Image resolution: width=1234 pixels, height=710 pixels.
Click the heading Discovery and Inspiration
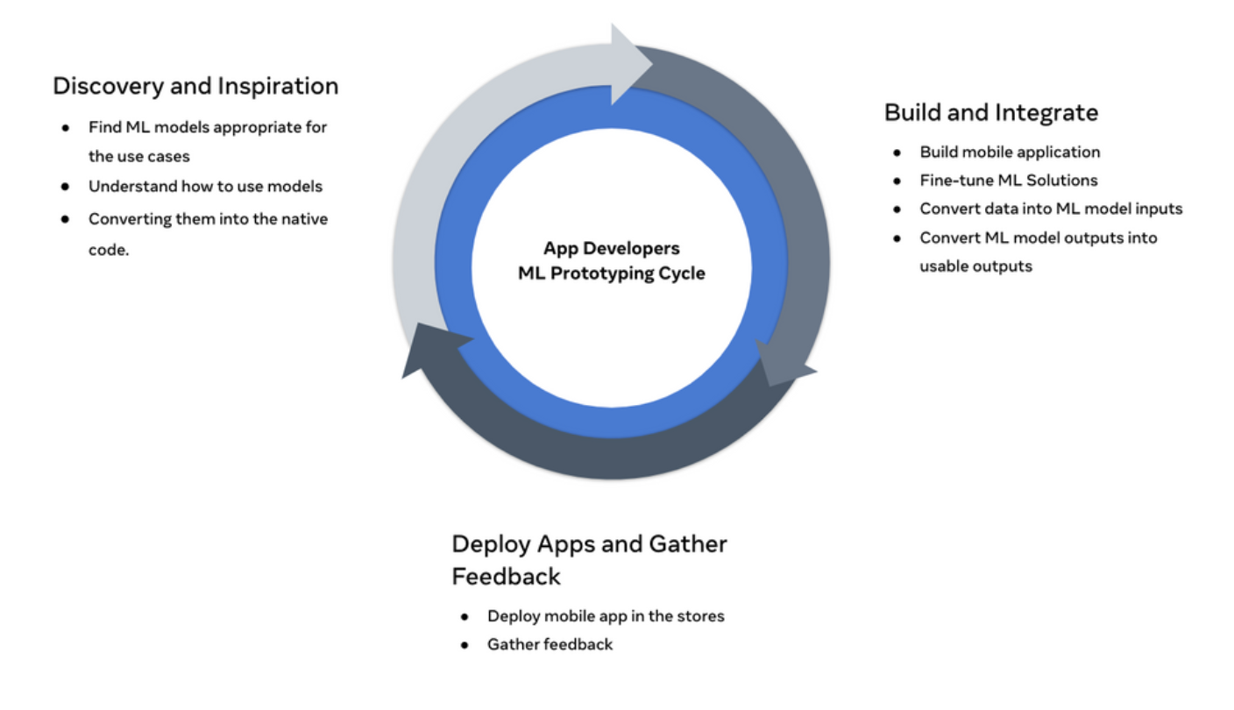tap(195, 86)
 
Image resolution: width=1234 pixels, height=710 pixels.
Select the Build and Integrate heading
tap(991, 112)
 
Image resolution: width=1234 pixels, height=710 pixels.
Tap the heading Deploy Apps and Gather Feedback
tap(589, 559)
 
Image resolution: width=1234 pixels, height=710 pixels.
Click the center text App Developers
tap(611, 249)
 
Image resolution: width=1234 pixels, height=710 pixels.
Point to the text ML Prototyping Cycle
tap(611, 273)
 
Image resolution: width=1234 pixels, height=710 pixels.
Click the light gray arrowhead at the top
tap(630, 64)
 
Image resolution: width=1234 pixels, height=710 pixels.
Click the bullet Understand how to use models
tap(205, 186)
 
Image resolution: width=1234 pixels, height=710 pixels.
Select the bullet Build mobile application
tap(1010, 152)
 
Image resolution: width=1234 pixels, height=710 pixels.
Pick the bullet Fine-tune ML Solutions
tap(1008, 181)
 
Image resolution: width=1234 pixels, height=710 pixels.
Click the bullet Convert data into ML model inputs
tap(1051, 209)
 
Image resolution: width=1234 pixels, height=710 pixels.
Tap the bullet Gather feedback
tap(550, 644)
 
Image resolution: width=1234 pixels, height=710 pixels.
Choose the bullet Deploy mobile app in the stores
tap(606, 616)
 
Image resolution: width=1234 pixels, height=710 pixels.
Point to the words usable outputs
tap(975, 266)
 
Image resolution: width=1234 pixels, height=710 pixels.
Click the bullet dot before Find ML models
tap(66, 128)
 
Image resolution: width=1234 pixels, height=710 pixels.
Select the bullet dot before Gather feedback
tap(465, 645)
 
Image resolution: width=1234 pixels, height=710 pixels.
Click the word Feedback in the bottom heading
tap(506, 577)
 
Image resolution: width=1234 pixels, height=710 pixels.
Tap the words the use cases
tap(138, 157)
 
